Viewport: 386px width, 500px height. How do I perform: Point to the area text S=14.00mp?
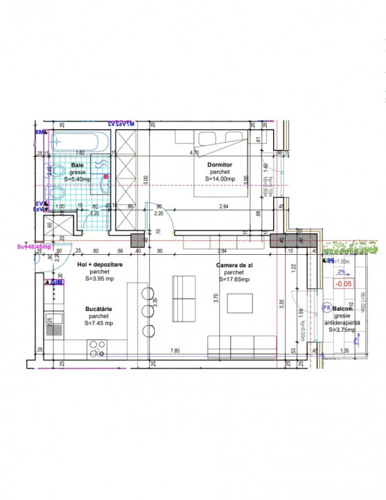222,178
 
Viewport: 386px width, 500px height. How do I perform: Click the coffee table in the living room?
243,304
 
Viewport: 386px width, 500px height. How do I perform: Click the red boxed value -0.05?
342,283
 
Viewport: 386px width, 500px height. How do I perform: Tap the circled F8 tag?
327,307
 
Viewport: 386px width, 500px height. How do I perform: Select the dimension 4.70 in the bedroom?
196,152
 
